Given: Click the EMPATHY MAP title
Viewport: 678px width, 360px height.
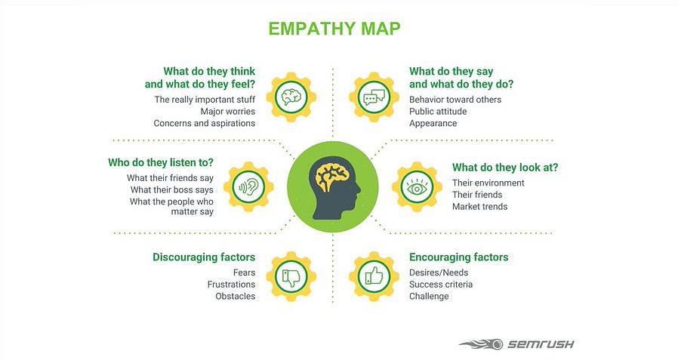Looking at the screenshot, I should tap(334, 28).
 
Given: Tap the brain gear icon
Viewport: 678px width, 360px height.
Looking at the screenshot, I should tap(291, 97).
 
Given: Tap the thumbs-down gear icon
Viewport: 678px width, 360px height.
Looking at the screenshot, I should tap(291, 275).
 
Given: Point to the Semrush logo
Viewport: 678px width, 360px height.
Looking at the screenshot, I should tap(516, 343).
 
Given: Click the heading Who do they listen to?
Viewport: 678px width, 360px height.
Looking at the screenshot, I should tap(160, 162).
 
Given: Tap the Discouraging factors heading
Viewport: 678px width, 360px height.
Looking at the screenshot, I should tap(204, 257).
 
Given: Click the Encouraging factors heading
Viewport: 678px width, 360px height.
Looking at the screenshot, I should tap(458, 257).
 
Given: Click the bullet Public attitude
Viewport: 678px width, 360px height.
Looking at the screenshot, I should tap(438, 111).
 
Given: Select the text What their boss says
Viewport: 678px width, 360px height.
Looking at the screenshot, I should tap(171, 189).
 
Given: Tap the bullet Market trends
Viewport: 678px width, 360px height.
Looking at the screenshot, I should tap(479, 206).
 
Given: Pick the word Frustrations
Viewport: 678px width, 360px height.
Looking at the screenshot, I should tap(231, 284).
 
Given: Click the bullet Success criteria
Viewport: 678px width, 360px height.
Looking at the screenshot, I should tap(441, 284).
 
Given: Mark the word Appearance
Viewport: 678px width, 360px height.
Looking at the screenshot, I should tap(433, 123).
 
